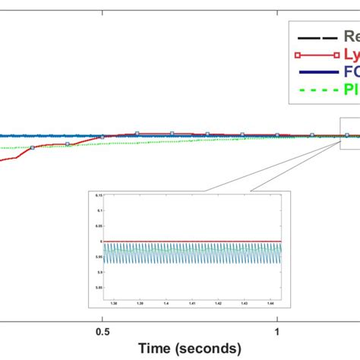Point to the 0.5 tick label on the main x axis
101,331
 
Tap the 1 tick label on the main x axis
279,331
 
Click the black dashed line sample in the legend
316,36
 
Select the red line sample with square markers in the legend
316,55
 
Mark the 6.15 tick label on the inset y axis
98,195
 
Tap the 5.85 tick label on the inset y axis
98,289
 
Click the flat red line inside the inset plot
190,242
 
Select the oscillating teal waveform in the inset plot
190,254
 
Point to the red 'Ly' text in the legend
351,55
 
